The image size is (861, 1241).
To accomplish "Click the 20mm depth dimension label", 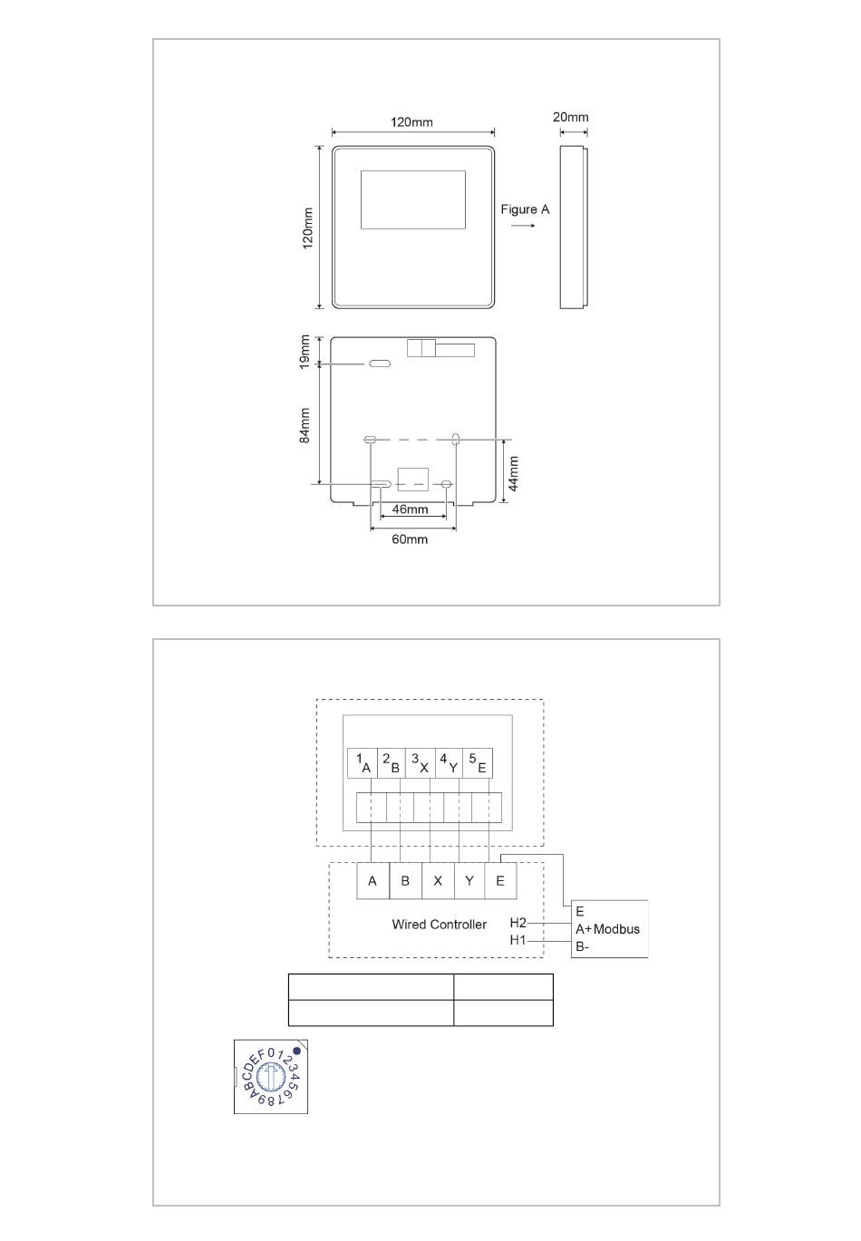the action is [x=569, y=117].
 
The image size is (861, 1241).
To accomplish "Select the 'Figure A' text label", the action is [x=524, y=209].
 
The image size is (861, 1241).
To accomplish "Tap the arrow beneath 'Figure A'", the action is [x=522, y=226].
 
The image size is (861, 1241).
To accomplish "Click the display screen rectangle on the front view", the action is [x=412, y=199].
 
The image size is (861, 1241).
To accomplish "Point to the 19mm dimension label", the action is [x=305, y=352].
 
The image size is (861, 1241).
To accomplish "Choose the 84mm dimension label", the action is [x=305, y=425].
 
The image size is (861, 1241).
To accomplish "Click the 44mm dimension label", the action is [x=514, y=474].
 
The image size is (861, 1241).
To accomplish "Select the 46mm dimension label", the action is [x=410, y=509].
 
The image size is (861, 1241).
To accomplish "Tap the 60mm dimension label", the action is [x=410, y=539].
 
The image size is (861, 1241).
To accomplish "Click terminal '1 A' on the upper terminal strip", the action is [x=363, y=763].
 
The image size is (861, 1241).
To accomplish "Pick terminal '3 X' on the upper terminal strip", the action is [x=420, y=763].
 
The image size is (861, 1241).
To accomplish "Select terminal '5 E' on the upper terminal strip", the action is [x=477, y=763].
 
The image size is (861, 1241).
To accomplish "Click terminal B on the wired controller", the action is [x=405, y=880].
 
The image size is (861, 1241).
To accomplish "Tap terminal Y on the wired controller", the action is [x=469, y=880].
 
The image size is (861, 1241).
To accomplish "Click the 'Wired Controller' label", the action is [x=439, y=924].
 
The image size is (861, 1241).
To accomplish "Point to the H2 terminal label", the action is [x=518, y=923].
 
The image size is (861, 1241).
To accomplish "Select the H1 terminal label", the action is [x=518, y=940].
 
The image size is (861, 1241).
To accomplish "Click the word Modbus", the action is [x=616, y=929].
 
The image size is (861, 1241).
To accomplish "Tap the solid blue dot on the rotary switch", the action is [x=296, y=1051].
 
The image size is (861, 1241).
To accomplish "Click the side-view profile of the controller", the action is [x=574, y=228].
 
